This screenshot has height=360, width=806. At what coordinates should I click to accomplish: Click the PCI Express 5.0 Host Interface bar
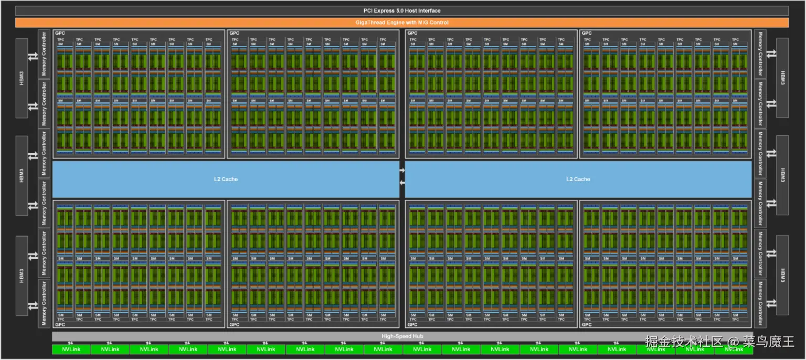(402, 10)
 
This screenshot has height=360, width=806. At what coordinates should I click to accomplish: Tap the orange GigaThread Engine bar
(402, 23)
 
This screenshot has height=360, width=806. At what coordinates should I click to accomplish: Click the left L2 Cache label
(226, 179)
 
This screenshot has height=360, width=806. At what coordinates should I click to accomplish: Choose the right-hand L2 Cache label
(578, 179)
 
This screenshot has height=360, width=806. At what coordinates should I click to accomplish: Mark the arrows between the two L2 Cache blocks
(402, 176)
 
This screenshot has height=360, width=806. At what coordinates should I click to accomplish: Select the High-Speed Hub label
(402, 336)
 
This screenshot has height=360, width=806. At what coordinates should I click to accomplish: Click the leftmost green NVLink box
(71, 349)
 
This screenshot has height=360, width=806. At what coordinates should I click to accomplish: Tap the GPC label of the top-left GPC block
(59, 33)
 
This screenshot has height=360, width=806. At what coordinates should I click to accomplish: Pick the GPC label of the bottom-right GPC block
(587, 325)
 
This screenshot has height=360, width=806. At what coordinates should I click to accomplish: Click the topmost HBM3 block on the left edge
(22, 78)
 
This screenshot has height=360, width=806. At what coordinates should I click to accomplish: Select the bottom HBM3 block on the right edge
(782, 275)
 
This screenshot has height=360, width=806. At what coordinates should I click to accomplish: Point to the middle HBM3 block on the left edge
(22, 175)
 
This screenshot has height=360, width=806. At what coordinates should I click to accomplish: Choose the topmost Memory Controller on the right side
(760, 53)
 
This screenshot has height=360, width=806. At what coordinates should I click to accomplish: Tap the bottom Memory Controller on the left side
(44, 303)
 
